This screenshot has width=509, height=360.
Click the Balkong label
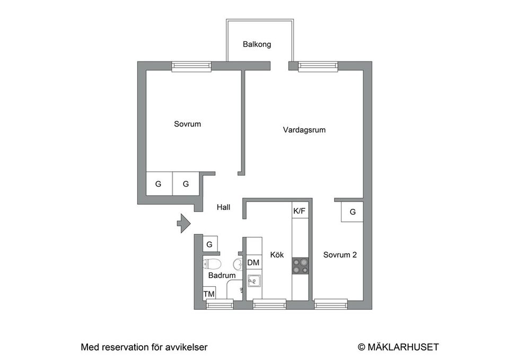click(x=257, y=44)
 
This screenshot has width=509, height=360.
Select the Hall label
click(x=223, y=208)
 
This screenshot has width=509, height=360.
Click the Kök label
click(x=277, y=255)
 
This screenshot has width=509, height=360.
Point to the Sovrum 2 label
click(x=340, y=255)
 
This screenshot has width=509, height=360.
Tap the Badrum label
click(x=222, y=276)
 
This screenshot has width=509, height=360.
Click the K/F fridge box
click(x=299, y=210)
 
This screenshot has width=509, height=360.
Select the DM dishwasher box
click(x=253, y=262)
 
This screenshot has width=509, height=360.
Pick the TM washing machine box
click(x=209, y=294)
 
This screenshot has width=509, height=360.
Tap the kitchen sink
click(x=254, y=280)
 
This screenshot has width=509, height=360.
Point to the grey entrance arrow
click(x=183, y=223)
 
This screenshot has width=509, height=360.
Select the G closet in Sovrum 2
click(x=352, y=212)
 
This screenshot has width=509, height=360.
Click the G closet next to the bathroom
click(x=209, y=244)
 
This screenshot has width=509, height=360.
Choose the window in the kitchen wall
click(x=269, y=304)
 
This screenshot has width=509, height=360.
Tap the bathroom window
click(x=219, y=304)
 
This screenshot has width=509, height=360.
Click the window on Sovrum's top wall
click(x=191, y=66)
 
